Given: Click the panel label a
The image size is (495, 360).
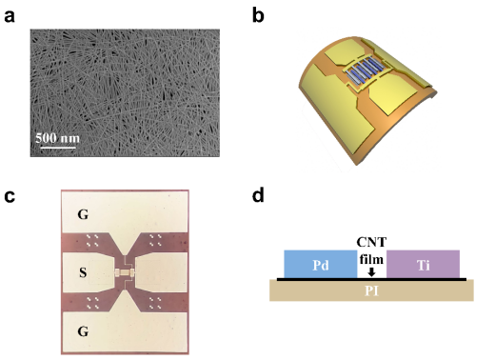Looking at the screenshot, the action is pos(10,16).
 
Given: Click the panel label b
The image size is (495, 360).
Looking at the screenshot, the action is pos(258,14).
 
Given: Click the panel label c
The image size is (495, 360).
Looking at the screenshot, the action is pos(10,196).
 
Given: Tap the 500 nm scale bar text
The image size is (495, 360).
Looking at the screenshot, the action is pos(57,138).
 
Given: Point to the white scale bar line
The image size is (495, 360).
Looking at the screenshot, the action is pos(58,148).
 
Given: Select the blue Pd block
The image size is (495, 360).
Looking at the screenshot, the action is pos(321,264).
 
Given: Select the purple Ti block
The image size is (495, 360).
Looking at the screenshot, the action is pos(423,264).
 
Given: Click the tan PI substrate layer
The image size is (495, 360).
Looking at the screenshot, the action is pos(371,290).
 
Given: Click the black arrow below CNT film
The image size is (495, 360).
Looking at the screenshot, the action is pos(371,272).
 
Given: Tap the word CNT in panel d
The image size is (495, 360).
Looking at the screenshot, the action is pos(371,242).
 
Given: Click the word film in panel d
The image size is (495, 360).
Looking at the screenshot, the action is pos(371,259).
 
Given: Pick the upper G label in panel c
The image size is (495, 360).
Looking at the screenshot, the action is pos(83,215).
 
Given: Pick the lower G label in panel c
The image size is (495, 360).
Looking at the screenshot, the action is pos(83,331).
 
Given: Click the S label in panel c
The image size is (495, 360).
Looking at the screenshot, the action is pos(83,272).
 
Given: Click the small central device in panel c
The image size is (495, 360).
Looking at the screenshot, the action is pos(125,272).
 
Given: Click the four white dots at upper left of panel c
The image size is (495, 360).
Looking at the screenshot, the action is pos(92,240).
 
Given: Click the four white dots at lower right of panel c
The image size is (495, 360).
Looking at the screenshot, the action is pos(155,303).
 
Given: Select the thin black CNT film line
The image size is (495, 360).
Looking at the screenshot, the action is pos(372,279).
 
